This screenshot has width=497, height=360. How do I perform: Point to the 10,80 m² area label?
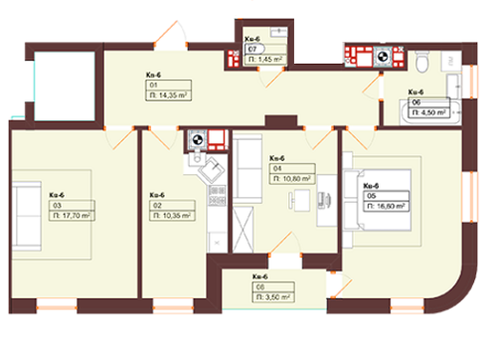point(289,179)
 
